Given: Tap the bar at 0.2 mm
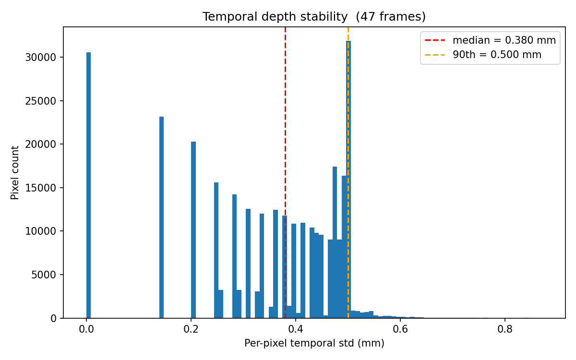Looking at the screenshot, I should pos(193,230).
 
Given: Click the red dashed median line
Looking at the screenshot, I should pos(285,120).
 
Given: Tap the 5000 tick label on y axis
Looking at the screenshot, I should pos(45,275).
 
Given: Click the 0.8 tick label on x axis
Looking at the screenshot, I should pos(504,329).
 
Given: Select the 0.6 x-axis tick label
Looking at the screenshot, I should pos(400,329).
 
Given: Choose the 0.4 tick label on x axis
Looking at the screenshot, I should pos(296,329).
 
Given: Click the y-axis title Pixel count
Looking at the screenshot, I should pos(15,172).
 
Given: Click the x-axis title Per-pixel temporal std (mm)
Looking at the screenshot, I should pos(314,344).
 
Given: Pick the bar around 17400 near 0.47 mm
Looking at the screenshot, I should pos(335,240).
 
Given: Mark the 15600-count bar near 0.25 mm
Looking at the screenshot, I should pos(216,250).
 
